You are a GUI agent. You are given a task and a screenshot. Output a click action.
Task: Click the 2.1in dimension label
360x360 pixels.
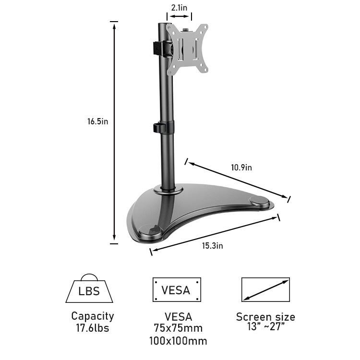point(179,8)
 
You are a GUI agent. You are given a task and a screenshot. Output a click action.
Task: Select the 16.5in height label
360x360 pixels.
point(97,121)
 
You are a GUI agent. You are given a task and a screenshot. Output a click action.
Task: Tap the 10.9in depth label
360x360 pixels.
point(241,168)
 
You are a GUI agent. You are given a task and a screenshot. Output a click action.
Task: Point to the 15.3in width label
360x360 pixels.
point(212,246)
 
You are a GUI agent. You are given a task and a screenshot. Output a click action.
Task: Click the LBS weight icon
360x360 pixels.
point(89,288)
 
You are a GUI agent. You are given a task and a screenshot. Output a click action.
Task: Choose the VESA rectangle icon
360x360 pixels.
point(177,289)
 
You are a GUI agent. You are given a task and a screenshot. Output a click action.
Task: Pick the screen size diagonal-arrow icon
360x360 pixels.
point(265,289)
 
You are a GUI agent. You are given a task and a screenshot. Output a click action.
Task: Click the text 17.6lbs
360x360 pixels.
point(93,328)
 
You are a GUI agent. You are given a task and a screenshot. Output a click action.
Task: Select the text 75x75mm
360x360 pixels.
point(178,328)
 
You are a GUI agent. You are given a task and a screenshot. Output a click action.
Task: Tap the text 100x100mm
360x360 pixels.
point(178,341)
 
